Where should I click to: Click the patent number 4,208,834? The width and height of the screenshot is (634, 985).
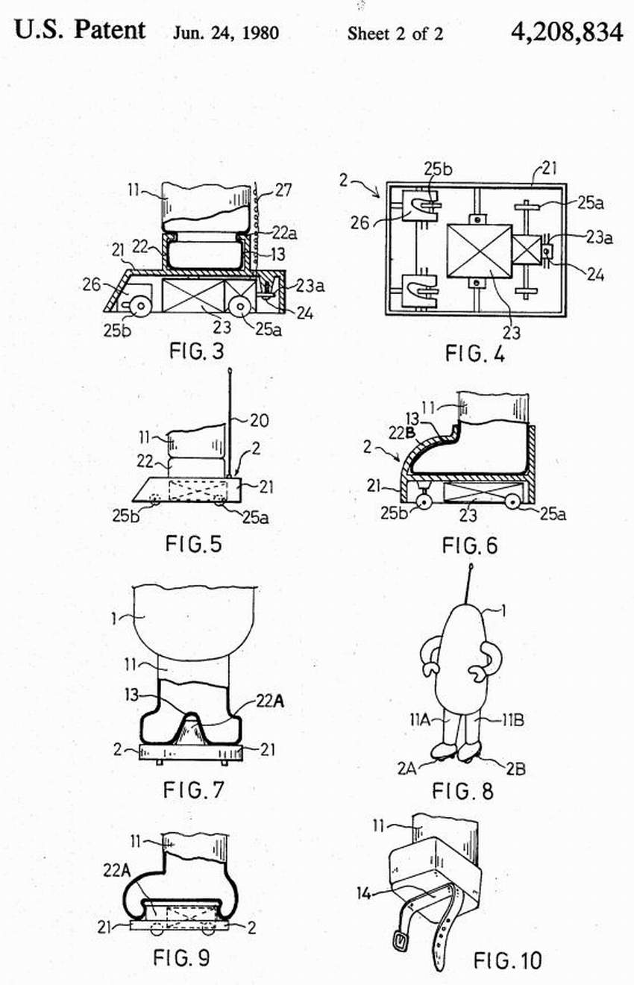pos(567,32)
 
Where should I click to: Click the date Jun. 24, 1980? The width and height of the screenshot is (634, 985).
pos(225,34)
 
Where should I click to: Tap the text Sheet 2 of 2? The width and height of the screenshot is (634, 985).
pos(395,34)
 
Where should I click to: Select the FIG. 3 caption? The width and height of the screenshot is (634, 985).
pos(196,351)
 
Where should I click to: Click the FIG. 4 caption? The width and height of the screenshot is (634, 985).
pos(476,353)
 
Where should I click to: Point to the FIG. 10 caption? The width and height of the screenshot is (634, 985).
pos(507,960)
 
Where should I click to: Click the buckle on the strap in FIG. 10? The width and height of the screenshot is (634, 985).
pos(401,940)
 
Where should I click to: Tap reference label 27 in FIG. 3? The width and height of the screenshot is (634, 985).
pos(283,190)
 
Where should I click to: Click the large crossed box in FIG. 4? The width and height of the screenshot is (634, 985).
pos(480,251)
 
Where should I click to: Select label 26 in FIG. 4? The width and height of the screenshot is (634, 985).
pos(360,223)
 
